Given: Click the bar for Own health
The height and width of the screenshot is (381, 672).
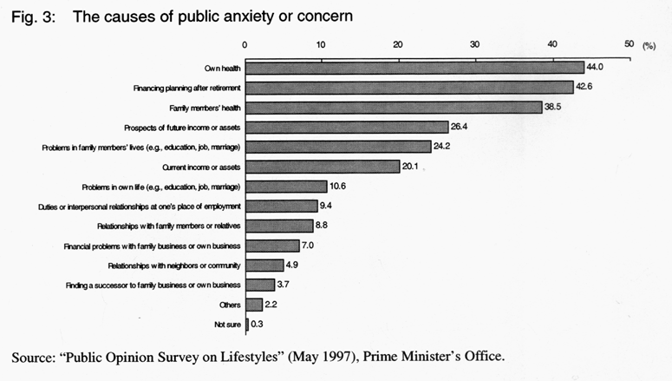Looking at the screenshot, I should click(x=414, y=68).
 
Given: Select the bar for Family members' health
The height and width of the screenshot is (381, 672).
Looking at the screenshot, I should click(x=394, y=107).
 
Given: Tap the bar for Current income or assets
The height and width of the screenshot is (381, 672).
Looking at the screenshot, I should click(x=323, y=166).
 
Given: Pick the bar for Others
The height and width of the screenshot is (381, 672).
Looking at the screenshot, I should click(x=254, y=305).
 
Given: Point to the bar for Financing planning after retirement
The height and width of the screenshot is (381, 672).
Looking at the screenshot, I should click(x=409, y=87).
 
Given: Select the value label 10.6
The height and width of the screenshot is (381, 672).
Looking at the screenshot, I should click(x=340, y=186).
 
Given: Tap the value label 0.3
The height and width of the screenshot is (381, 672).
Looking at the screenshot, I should click(x=258, y=325).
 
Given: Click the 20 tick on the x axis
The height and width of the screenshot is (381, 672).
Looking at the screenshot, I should click(x=398, y=44).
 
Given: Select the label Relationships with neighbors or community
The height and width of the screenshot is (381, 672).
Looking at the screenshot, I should click(x=174, y=265).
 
